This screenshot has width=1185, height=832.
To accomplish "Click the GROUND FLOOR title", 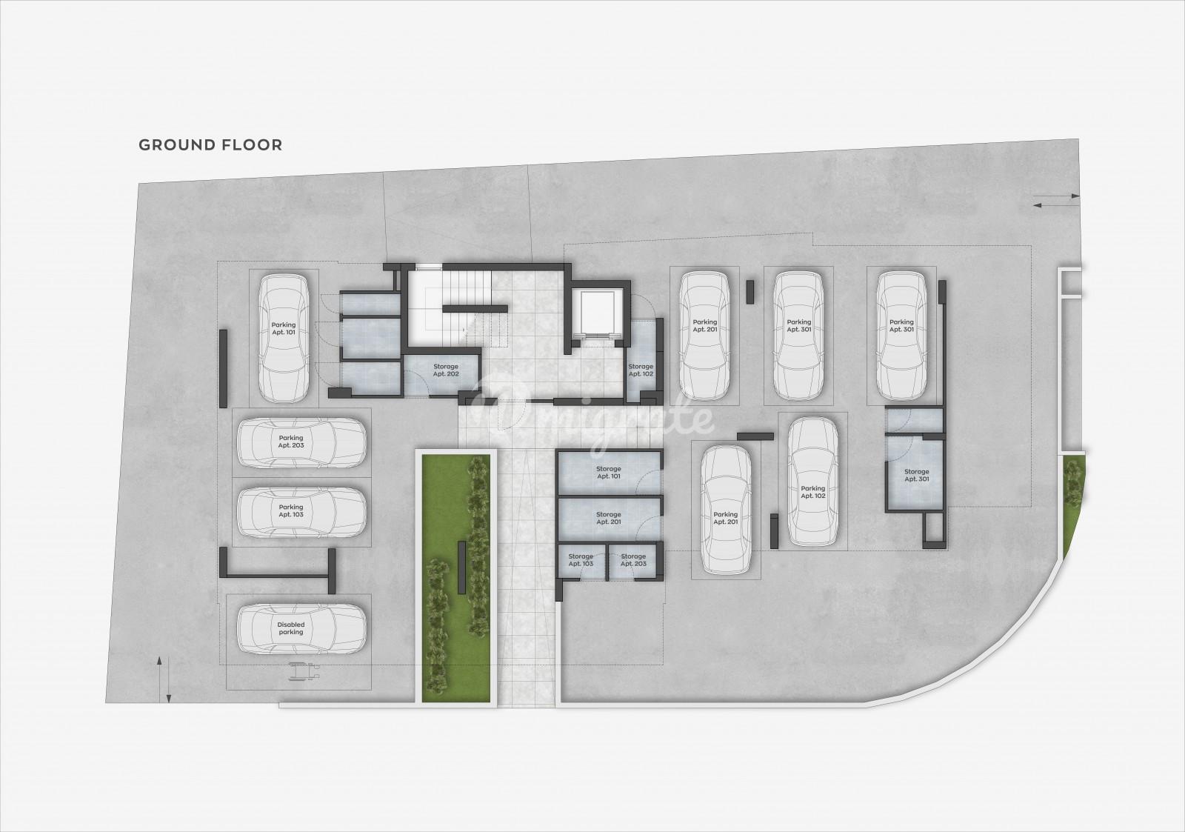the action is click(210, 145).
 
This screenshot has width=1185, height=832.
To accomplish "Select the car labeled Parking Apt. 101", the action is click(284, 338).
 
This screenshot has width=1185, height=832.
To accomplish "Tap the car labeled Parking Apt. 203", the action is click(301, 442).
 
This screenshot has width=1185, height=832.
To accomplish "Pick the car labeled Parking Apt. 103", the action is click(301, 512).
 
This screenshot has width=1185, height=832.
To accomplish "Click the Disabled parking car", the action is click(301, 629).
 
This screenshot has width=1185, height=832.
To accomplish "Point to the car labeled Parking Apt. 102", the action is click(812, 482).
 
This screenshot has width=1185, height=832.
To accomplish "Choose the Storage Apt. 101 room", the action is click(610, 473).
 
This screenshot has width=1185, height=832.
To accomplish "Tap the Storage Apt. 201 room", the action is click(610, 519).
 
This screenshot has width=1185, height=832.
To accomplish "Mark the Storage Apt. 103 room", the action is click(581, 561).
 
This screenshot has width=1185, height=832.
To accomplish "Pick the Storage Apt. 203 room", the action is click(633, 561).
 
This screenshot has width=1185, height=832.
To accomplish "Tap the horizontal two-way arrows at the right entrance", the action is click(1055, 201).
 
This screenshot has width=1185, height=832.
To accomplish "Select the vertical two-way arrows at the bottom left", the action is click(164, 680).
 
